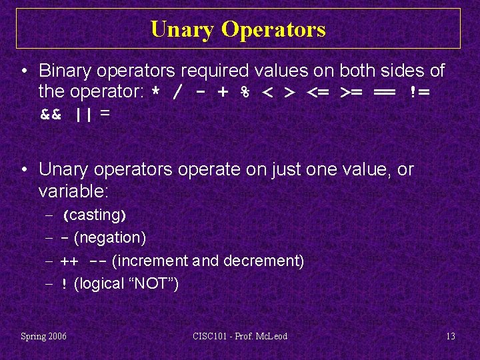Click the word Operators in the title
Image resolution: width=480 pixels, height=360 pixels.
pos(273,29)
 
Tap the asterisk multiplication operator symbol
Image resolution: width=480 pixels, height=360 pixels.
pos(155,92)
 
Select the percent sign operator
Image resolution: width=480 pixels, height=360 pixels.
pos(246,92)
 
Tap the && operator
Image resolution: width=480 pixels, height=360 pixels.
pos(51,115)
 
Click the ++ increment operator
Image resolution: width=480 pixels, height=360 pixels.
pos(69,261)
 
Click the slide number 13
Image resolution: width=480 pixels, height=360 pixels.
pos(451,336)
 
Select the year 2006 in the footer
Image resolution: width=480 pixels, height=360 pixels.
pos(56,336)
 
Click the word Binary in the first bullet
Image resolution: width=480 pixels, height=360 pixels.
pos(63,70)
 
